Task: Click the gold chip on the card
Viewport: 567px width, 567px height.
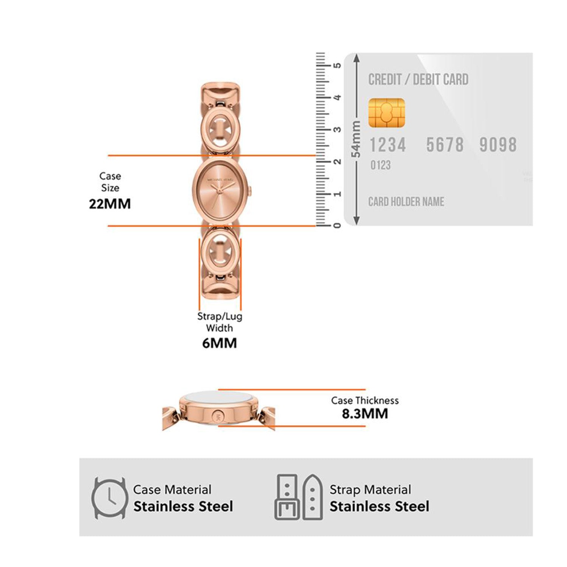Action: coord(386,113)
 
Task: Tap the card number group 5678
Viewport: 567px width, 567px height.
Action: coord(445,145)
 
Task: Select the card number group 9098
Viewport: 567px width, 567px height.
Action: coord(498,145)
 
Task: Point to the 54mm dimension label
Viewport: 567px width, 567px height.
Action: coord(356,139)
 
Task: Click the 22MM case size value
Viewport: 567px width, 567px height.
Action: coord(110,204)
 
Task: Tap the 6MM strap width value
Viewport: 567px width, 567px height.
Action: coord(219,343)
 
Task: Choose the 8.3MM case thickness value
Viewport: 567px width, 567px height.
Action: coord(365,414)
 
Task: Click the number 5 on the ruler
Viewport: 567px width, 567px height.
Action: coord(338,65)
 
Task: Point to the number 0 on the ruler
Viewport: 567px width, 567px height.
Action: coord(338,225)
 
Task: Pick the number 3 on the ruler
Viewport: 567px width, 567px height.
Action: coord(338,130)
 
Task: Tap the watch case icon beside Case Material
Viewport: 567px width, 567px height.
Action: coord(110,498)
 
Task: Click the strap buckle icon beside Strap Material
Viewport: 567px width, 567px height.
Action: coord(299,497)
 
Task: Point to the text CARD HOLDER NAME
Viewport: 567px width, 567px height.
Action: coord(406,202)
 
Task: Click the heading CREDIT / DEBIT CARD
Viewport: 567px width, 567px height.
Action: coord(418,80)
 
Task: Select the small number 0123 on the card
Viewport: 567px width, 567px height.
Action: coord(380,165)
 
